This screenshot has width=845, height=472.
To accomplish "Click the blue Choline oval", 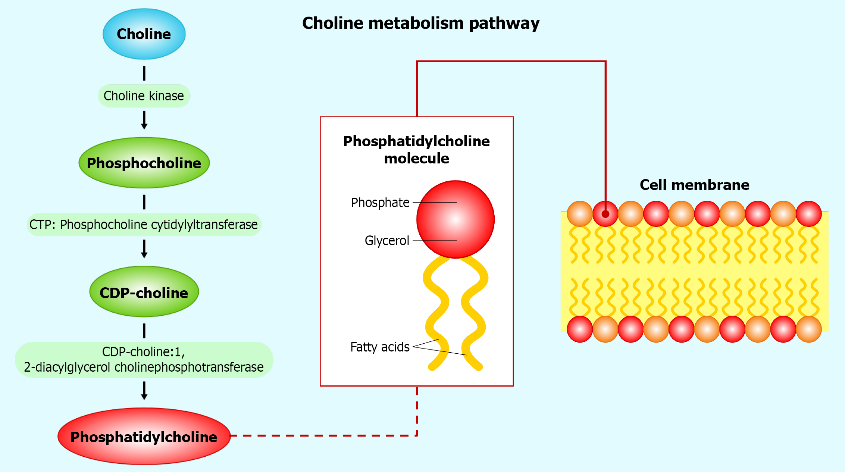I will (144, 34).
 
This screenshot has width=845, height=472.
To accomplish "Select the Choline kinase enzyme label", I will (144, 96).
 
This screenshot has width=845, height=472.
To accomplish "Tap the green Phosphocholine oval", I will (144, 163).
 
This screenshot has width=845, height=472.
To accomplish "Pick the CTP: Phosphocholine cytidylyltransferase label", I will (144, 225).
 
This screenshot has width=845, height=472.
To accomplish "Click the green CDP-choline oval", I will (144, 292).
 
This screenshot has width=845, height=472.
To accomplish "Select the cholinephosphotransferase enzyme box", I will (144, 360).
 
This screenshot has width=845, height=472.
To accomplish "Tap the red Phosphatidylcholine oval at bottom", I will (144, 437).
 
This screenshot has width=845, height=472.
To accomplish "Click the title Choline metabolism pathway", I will (421, 23).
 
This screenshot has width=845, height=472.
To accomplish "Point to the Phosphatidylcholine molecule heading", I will (416, 150).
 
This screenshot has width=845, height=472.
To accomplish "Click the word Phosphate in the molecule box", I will (380, 203).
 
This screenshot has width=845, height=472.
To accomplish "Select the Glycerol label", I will (387, 241).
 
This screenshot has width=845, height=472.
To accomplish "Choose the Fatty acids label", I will (380, 347).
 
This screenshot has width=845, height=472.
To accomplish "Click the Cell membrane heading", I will (694, 185).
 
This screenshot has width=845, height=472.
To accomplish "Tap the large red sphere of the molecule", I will (456, 219).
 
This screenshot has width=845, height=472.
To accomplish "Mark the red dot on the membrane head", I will (605, 214).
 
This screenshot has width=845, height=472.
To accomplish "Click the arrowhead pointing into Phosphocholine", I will (144, 126).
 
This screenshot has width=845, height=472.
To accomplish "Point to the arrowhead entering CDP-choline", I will (144, 255).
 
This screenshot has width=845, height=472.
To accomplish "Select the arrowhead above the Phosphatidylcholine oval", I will (144, 397).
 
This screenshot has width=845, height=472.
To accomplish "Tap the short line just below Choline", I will (144, 73).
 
